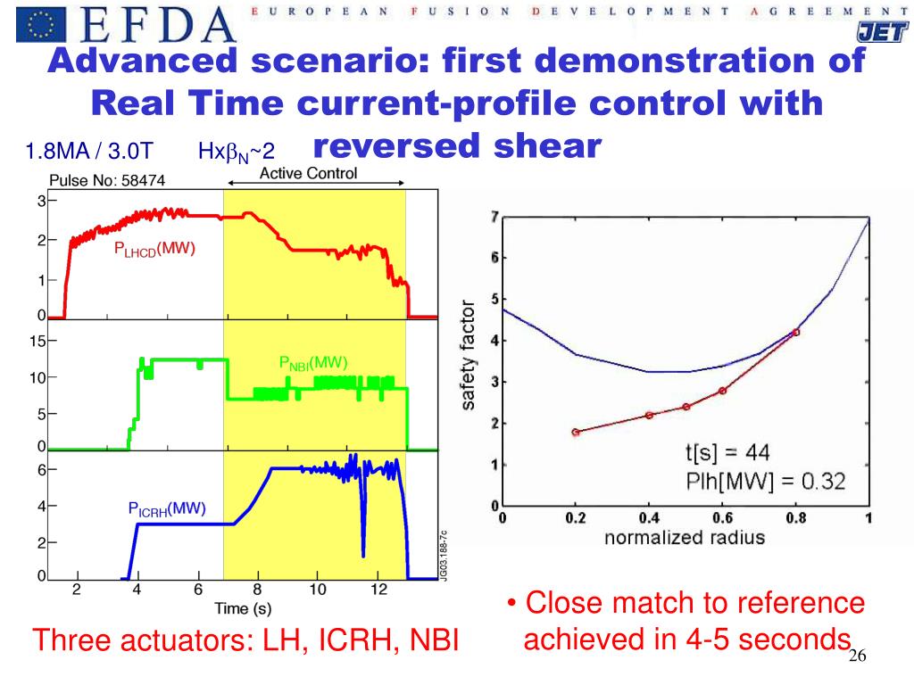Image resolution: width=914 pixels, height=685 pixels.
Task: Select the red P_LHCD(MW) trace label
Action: click(154, 249)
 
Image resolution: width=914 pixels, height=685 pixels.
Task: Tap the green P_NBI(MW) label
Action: click(313, 363)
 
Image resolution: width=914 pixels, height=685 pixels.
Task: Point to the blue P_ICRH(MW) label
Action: click(167, 509)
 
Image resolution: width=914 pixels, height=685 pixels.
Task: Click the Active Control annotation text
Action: click(308, 173)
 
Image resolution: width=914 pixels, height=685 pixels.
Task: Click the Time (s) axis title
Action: click(243, 609)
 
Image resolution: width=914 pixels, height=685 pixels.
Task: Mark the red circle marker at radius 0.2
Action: click(576, 432)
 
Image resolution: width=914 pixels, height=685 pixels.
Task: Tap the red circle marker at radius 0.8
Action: click(796, 332)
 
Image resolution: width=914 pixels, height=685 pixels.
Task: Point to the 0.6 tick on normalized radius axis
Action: click(721, 518)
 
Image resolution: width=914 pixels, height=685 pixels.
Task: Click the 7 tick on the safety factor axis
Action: click(494, 217)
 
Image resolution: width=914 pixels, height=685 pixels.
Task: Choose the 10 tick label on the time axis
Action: click(318, 589)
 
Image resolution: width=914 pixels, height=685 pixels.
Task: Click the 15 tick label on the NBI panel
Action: click(36, 340)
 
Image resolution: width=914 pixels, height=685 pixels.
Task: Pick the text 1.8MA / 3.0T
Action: click(90, 152)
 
